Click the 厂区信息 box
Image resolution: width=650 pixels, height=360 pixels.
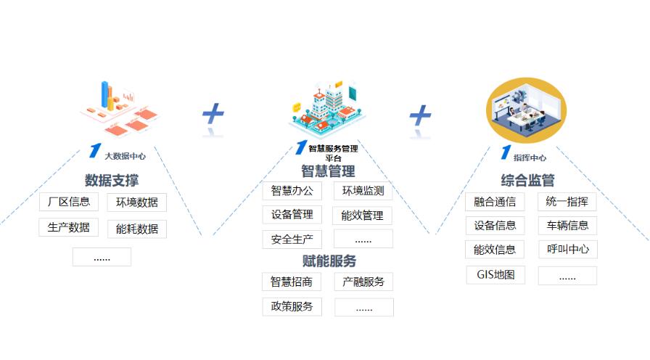click(x=69, y=202)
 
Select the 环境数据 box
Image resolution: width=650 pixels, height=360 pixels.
click(x=137, y=202)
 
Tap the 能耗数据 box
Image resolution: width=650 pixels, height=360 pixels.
click(x=137, y=229)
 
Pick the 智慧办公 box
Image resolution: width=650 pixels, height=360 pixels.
click(x=292, y=191)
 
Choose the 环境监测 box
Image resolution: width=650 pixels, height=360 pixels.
click(x=363, y=191)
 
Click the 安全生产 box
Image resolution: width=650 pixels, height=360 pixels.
click(x=292, y=240)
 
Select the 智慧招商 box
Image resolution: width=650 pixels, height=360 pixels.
click(x=292, y=282)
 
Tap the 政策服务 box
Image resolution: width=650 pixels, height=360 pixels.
click(x=292, y=306)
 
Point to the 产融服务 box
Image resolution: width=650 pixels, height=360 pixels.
click(x=363, y=282)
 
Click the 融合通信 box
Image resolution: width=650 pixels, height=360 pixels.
click(x=495, y=202)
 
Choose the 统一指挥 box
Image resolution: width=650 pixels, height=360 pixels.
click(x=567, y=202)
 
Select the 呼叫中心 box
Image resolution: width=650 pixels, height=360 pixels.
click(x=568, y=249)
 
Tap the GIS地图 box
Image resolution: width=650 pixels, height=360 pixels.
click(x=495, y=274)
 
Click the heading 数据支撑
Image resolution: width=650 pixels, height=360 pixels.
click(x=112, y=181)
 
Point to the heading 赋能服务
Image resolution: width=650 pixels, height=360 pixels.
click(x=329, y=261)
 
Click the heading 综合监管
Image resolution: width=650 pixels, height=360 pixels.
click(x=527, y=181)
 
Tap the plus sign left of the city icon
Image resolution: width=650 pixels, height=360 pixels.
click(x=213, y=113)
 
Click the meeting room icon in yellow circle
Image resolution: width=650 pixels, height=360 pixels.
click(x=527, y=110)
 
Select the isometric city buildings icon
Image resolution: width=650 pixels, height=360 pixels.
click(x=327, y=109)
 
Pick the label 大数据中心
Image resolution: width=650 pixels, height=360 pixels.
click(x=126, y=156)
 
